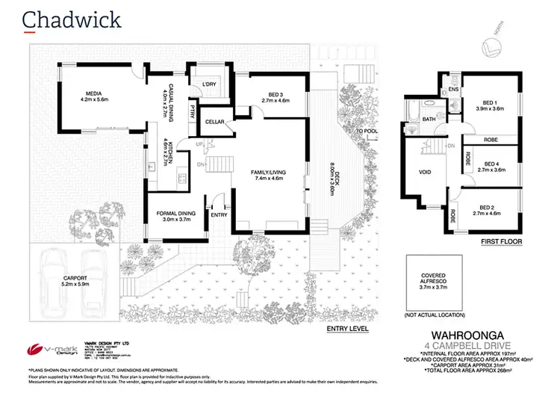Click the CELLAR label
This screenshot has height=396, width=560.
[x=216, y=121]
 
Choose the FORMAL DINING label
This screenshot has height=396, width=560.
[x=176, y=214]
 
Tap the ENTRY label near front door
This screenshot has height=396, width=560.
[x=220, y=215]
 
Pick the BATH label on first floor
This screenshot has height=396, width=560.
[x=428, y=120]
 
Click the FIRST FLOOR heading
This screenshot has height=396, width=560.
[x=501, y=242]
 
